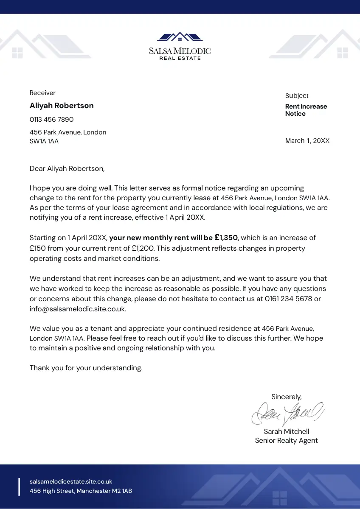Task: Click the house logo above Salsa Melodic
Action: coord(180,37)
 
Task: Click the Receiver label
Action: coord(42,93)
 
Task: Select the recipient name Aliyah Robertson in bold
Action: coord(62,106)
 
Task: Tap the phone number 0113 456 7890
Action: coord(51,120)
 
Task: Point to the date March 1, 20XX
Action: coord(307,141)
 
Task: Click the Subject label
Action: coord(297,96)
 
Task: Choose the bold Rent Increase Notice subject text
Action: coord(306,110)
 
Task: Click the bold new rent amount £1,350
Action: coord(226,238)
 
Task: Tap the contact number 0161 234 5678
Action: coord(288,299)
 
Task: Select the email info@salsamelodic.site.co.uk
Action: coord(78,309)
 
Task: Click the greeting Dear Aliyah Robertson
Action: coord(67,168)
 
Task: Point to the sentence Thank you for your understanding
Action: coord(86,368)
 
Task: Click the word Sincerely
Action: coord(286,397)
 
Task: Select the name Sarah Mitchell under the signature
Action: coord(286,431)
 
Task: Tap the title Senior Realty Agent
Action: coord(286,440)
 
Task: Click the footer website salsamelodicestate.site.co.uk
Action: coord(71,481)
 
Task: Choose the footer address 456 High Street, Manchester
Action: coord(81,491)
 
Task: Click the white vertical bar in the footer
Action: coord(19,487)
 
